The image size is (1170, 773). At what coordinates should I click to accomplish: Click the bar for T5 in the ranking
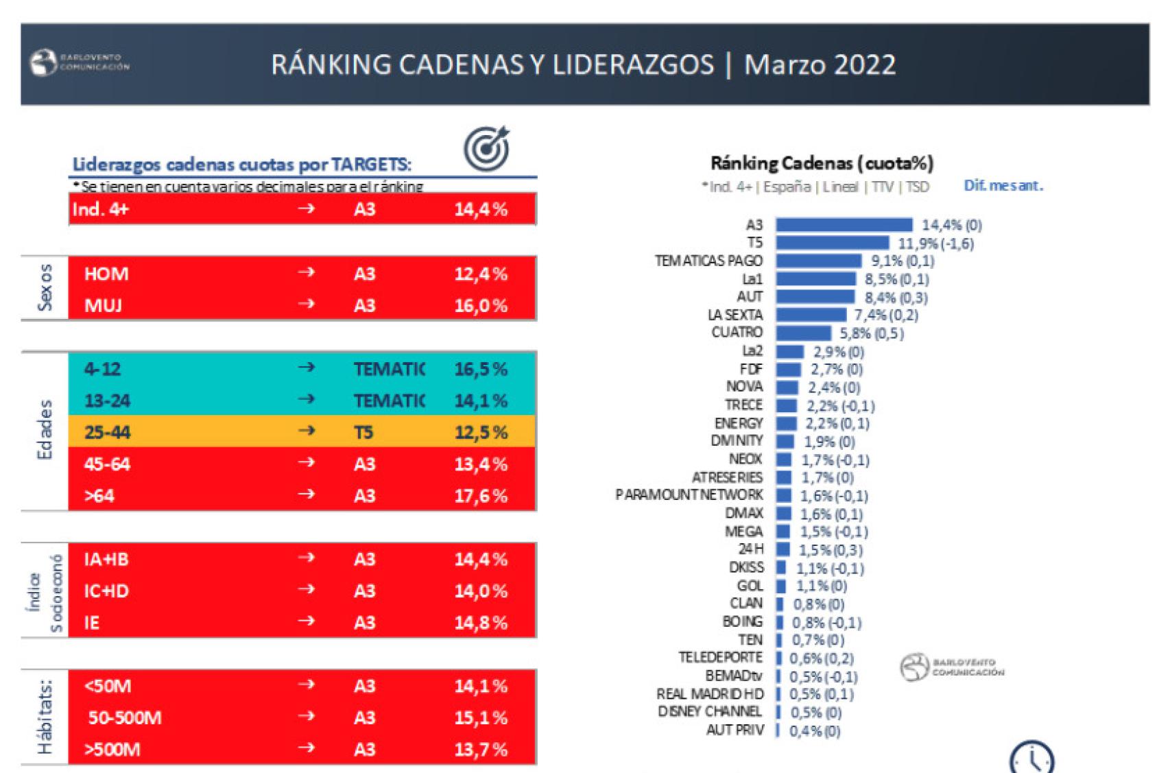(832, 243)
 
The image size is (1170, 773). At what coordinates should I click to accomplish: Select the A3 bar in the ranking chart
(844, 225)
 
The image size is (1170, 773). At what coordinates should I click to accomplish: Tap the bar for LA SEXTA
(811, 315)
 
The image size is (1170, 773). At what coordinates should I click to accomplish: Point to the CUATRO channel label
(737, 333)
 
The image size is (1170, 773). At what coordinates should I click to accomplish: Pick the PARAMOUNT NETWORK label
(689, 495)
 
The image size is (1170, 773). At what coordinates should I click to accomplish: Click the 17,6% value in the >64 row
(480, 496)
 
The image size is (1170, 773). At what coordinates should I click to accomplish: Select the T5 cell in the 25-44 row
(363, 432)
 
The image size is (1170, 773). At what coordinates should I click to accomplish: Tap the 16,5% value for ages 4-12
(480, 369)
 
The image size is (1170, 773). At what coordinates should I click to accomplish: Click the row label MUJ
(103, 305)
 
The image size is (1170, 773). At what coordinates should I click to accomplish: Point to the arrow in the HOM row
(306, 273)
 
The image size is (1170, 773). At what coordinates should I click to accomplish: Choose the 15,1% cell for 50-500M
(480, 718)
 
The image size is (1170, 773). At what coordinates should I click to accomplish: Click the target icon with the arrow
(487, 148)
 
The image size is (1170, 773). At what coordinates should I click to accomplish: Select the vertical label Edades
(45, 430)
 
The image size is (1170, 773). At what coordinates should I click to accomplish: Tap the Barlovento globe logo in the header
(43, 63)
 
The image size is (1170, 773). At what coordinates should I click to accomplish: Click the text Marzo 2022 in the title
(820, 64)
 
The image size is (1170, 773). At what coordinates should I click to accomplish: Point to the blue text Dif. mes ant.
(1003, 185)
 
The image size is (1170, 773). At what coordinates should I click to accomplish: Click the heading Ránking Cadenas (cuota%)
(822, 163)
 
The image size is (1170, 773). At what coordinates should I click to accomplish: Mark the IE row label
(92, 623)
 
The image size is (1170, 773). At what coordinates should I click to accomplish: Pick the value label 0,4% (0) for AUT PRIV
(814, 731)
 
